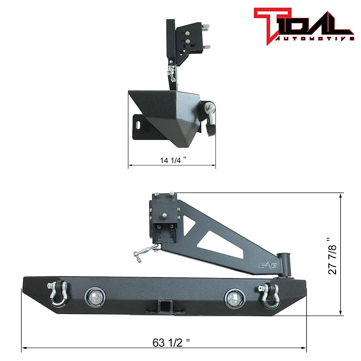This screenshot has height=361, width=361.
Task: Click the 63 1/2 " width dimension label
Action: [x=171, y=343]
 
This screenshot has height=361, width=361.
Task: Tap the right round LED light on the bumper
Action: [x=234, y=298]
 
